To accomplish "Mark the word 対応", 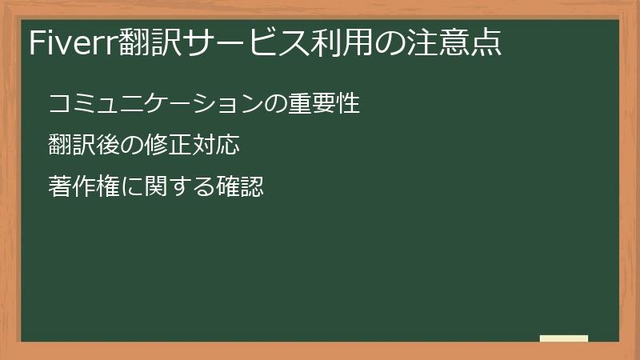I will (x=217, y=146).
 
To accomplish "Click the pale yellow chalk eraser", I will (x=564, y=338).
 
